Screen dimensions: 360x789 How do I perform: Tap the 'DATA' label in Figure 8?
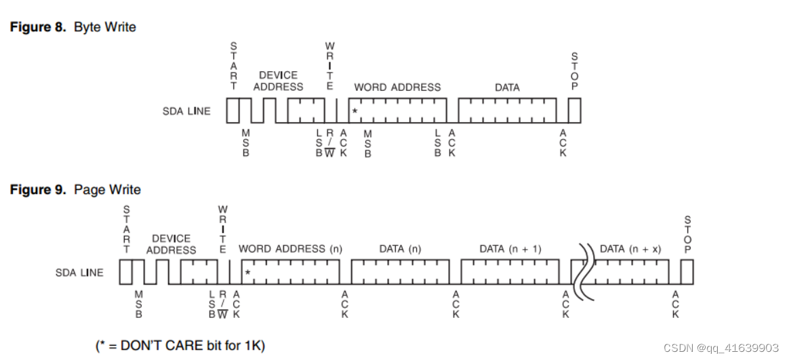coord(507,87)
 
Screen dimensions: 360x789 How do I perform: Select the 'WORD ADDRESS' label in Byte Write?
coord(397,87)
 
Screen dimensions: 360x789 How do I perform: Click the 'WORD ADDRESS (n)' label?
coord(291,249)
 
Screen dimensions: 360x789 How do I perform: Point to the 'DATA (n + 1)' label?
coord(510,249)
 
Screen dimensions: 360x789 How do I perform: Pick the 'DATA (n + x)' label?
coord(630,249)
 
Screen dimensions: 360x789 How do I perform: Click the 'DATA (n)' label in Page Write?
coord(400,249)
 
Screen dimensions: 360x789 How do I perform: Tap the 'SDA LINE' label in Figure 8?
coord(186,111)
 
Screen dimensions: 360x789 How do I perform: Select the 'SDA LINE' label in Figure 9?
coord(79,273)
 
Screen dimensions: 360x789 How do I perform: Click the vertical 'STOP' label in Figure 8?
coord(575,72)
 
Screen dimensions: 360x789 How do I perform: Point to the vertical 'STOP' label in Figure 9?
coord(687,235)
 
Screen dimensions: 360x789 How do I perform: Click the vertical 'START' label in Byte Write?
coord(235,66)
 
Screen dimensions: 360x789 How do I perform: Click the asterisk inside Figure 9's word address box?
coord(247,273)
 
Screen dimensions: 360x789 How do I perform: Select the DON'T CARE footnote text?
coord(180,345)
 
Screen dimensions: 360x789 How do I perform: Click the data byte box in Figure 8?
coord(507,110)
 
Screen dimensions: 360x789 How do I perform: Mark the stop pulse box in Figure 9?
coord(687,272)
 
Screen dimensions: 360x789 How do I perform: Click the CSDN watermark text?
coord(721,348)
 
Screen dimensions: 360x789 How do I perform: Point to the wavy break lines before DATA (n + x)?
coord(582,272)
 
